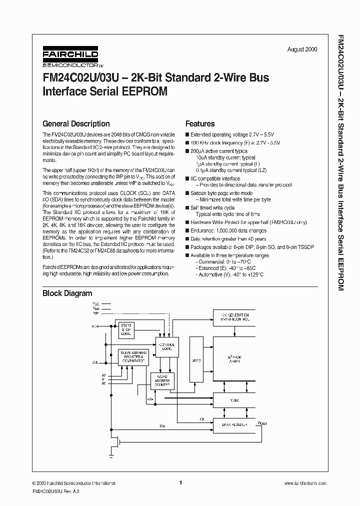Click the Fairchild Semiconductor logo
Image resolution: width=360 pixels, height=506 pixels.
click(70, 57)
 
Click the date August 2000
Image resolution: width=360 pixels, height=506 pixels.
click(302, 49)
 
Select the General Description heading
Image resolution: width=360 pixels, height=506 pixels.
click(76, 123)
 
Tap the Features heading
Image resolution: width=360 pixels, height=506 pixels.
click(200, 123)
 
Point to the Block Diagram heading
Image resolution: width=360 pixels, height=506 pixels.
click(67, 293)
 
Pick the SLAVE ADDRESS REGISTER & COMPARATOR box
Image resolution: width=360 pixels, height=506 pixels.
click(132, 356)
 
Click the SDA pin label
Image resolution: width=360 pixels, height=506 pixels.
click(94, 326)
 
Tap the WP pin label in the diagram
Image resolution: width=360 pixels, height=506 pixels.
click(95, 313)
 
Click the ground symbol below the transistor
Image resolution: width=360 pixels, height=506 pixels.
click(111, 456)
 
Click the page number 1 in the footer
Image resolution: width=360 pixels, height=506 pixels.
click(180, 483)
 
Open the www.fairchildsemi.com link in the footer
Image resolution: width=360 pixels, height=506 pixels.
click(305, 483)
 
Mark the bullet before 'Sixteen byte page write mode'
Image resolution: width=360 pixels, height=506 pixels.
click(187, 193)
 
